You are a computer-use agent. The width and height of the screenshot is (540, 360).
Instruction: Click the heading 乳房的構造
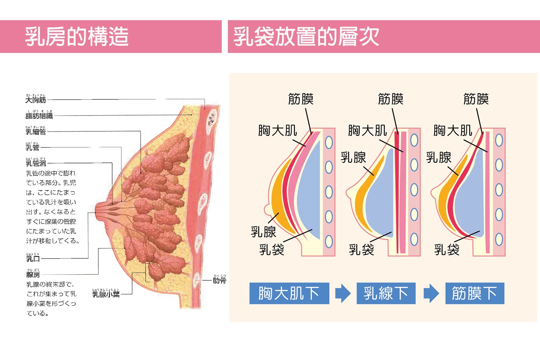[77, 37]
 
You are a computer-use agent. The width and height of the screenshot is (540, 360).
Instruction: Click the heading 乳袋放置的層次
[306, 37]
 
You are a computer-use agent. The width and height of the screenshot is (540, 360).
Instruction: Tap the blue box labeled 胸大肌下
[289, 293]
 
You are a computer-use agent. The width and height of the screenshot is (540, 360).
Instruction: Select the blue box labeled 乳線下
[386, 293]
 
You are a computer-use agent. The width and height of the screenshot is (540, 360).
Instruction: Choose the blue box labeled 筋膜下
[474, 293]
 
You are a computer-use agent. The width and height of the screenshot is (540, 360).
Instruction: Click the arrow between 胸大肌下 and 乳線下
[343, 293]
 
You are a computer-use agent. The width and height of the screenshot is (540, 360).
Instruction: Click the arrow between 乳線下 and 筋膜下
[431, 293]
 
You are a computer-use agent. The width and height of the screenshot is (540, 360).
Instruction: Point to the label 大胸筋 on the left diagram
[36, 100]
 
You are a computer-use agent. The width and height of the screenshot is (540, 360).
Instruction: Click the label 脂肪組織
[39, 116]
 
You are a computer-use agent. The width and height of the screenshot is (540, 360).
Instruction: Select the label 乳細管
[36, 131]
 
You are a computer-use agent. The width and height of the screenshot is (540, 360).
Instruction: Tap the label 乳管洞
[36, 163]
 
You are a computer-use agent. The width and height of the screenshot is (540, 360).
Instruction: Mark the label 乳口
[33, 258]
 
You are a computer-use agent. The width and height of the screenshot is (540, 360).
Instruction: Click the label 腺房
[33, 275]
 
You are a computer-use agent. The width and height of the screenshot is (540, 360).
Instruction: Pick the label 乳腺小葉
[106, 294]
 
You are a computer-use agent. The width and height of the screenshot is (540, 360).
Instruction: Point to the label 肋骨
[219, 280]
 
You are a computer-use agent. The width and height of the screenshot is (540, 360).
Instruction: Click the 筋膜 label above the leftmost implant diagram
[301, 99]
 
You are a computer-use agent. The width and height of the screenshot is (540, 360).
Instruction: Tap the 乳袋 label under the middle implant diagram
[361, 249]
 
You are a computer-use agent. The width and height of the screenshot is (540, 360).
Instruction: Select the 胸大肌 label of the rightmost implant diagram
[453, 130]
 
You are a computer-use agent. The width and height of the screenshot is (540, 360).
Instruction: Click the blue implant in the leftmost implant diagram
[310, 191]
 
